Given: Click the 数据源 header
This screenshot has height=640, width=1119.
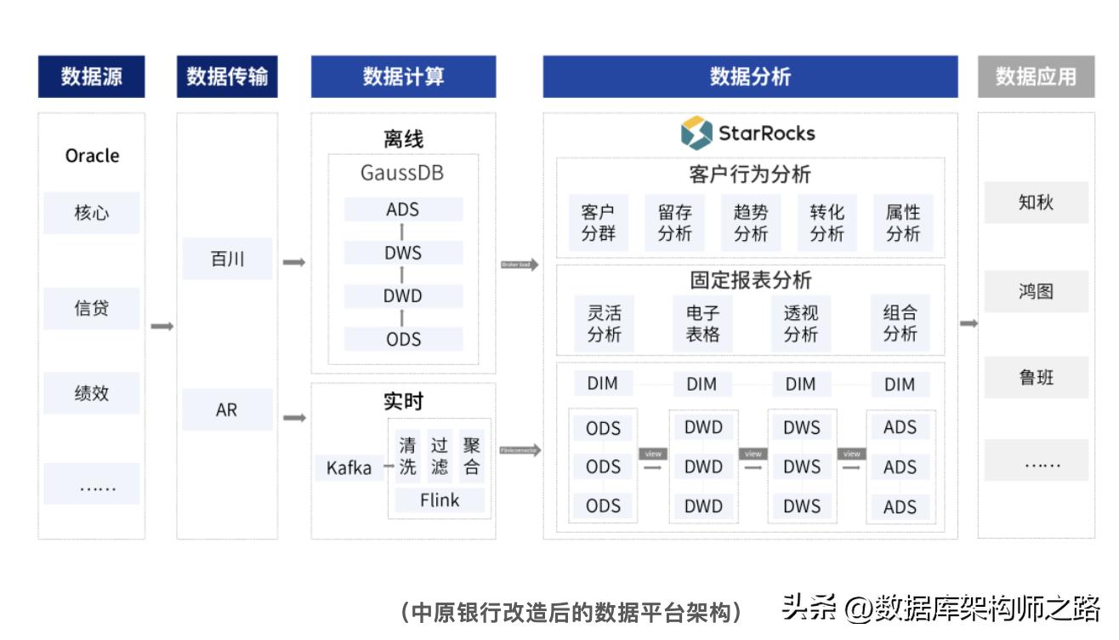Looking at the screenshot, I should (x=91, y=77).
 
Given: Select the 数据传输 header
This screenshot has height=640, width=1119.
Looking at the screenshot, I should (x=227, y=77).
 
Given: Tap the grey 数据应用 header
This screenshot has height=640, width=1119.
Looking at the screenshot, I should (x=1036, y=77).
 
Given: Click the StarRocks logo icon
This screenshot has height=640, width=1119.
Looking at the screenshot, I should (x=696, y=133).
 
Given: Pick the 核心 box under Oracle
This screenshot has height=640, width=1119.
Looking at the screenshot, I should (x=91, y=213).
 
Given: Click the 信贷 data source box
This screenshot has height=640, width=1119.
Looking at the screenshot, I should (x=91, y=308).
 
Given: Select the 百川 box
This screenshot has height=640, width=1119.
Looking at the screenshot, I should (x=227, y=259).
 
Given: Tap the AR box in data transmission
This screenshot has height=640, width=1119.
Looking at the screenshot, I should (x=227, y=409).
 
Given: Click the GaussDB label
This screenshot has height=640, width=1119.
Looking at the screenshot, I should (x=402, y=174).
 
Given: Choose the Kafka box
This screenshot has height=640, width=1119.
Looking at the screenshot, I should (x=349, y=467).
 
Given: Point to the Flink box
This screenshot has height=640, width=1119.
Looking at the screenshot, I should (x=439, y=500).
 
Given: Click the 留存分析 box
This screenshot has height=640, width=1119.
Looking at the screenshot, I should (x=674, y=223).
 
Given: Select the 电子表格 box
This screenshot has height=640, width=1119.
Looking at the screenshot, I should (x=702, y=323).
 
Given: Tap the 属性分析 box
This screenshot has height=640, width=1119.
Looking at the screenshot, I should (x=902, y=223).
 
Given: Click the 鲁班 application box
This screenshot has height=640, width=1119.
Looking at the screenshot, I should (x=1036, y=377).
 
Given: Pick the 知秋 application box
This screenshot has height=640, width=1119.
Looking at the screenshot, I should (x=1036, y=203).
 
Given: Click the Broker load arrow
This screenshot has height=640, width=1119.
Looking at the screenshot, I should (x=520, y=265).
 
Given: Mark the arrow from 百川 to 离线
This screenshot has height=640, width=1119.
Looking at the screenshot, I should (x=293, y=263).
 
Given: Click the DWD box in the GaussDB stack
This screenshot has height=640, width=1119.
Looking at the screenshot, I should (x=403, y=296).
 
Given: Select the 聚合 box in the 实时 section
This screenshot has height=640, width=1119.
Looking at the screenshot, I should (x=471, y=456).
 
